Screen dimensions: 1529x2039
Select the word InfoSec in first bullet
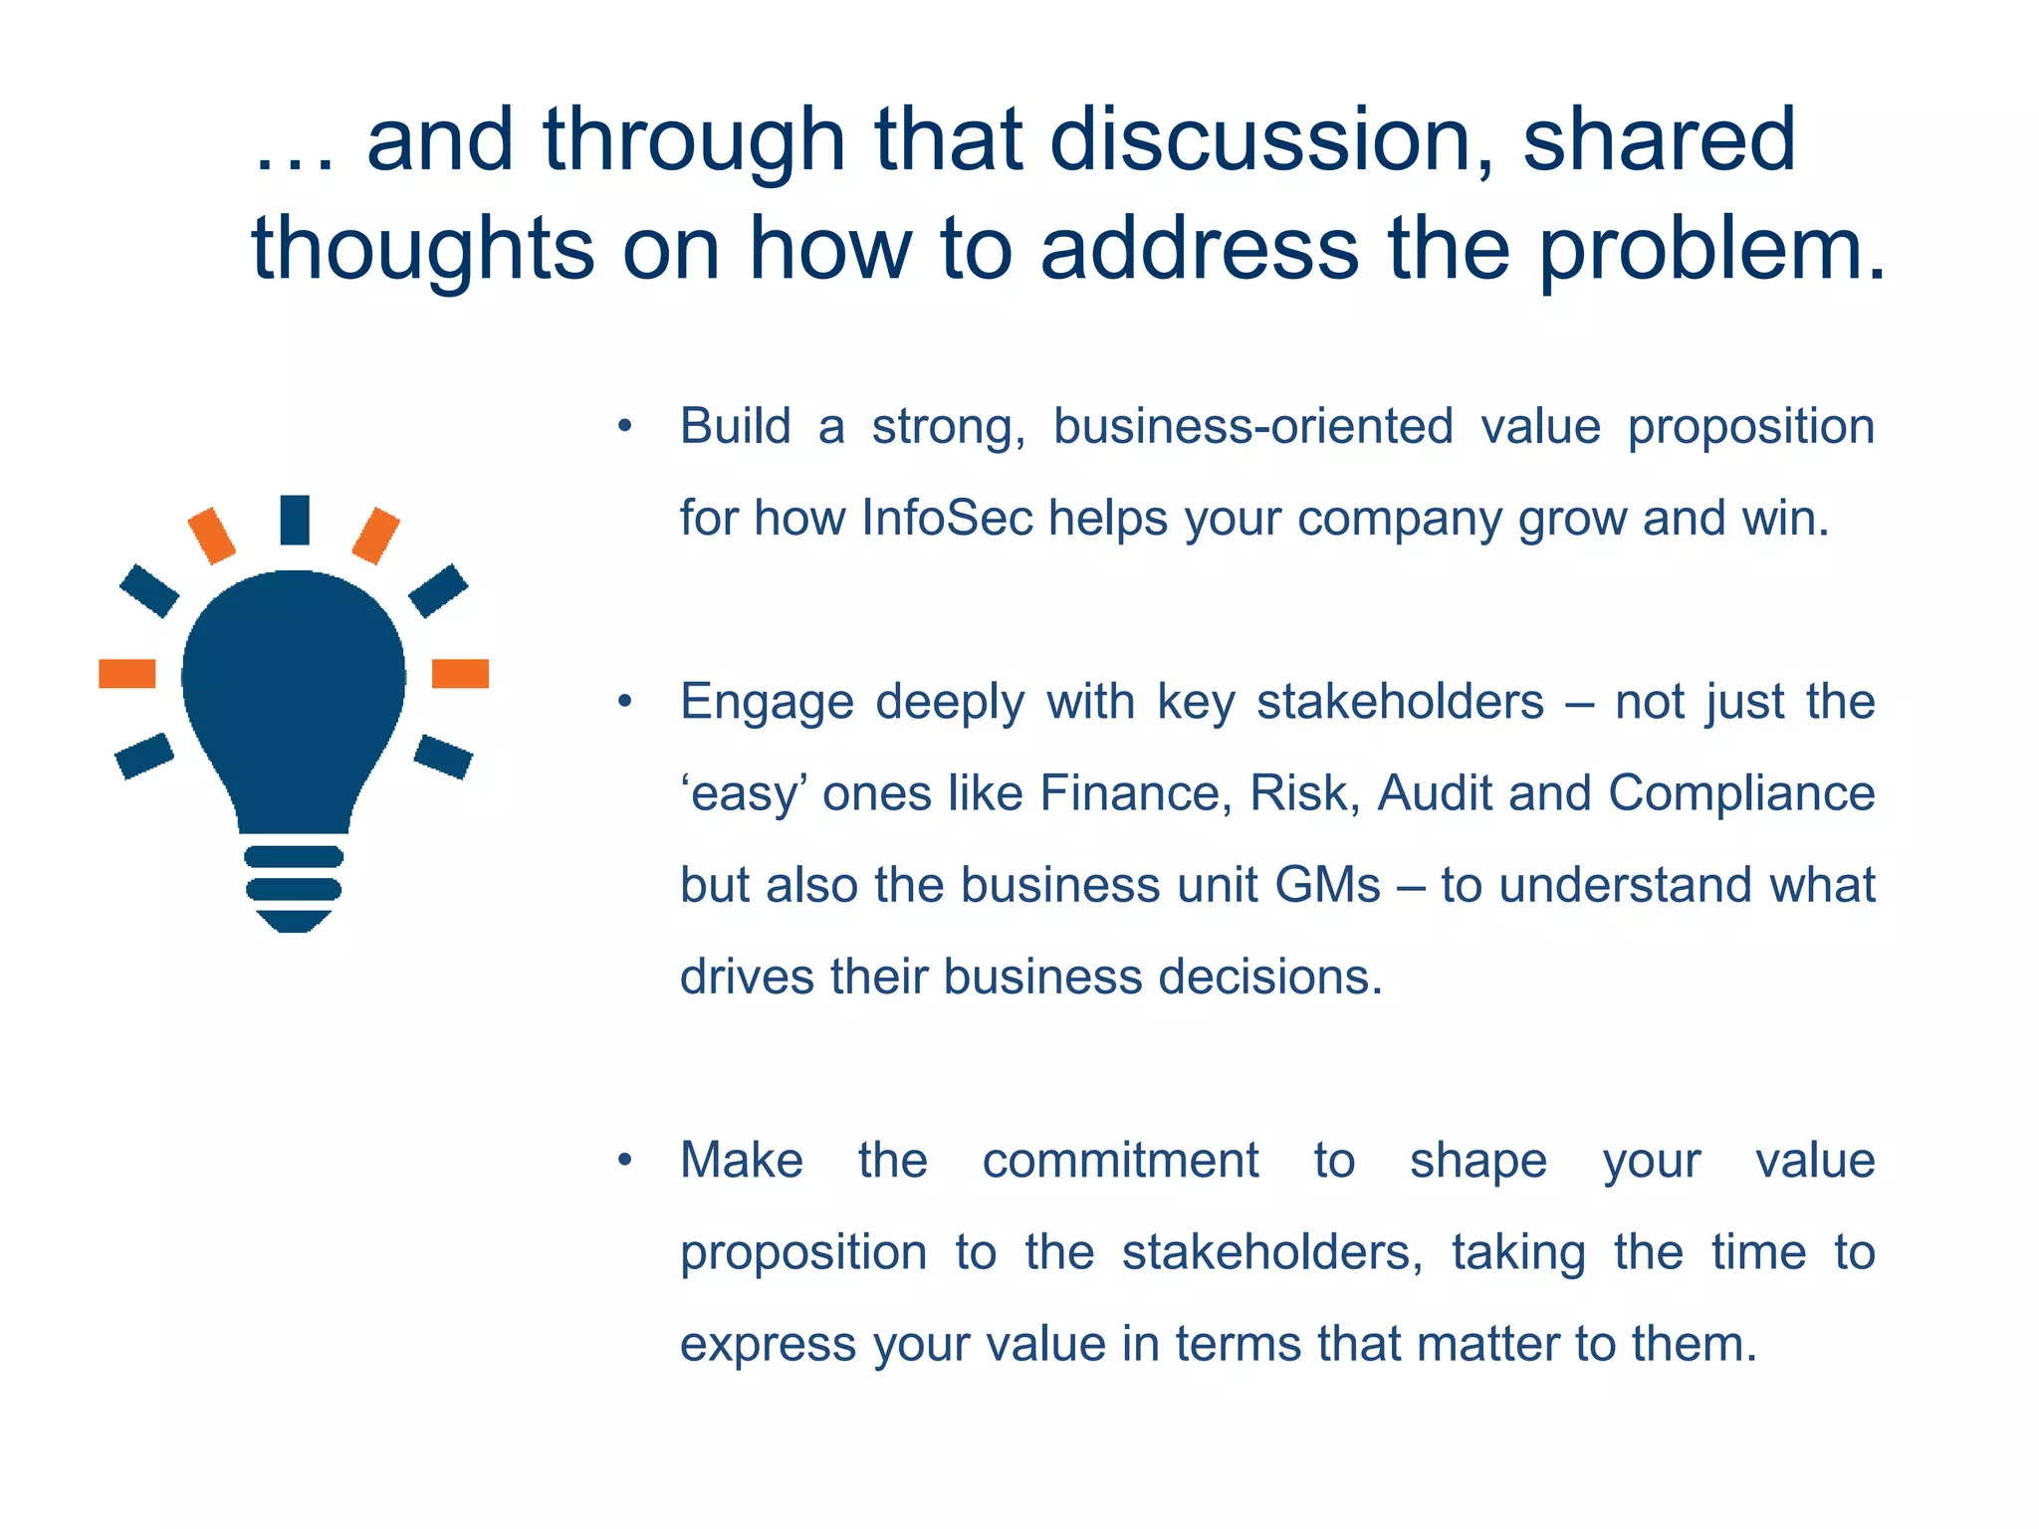point(947,519)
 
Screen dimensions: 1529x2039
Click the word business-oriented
point(1252,427)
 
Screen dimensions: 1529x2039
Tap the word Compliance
point(1741,794)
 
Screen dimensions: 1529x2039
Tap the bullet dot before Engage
point(624,703)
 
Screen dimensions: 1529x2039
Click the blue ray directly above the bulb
point(295,520)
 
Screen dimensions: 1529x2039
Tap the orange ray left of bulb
point(127,674)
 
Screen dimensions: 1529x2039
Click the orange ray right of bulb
point(460,674)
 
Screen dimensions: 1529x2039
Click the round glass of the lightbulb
point(294,677)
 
